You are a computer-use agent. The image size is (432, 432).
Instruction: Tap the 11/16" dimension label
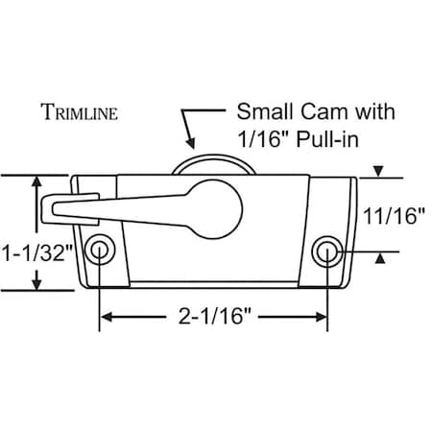pyautogui.click(x=394, y=217)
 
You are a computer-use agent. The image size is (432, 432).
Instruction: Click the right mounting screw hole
pyautogui.click(x=327, y=252)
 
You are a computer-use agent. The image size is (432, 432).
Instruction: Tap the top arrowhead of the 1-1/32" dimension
pyautogui.click(x=37, y=182)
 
